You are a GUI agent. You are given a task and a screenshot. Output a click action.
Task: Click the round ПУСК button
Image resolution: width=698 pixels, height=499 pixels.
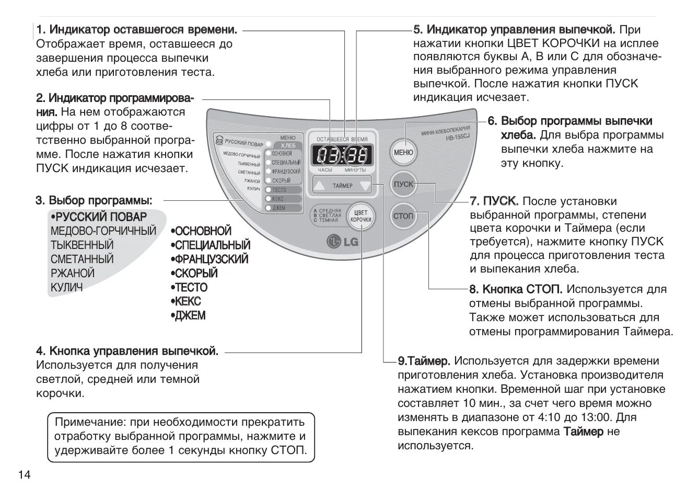click(x=403, y=184)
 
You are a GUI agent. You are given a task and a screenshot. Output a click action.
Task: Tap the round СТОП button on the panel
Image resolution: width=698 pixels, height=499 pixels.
click(x=403, y=216)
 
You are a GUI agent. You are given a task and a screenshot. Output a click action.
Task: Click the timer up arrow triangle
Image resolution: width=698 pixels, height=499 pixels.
click(x=321, y=185)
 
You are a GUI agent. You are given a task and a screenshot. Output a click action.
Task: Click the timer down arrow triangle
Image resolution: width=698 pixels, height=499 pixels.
click(x=364, y=185)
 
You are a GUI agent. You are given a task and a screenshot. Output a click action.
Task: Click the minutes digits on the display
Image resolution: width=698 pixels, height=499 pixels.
click(x=356, y=155)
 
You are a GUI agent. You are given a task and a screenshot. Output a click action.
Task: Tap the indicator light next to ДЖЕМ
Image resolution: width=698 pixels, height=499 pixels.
click(x=268, y=208)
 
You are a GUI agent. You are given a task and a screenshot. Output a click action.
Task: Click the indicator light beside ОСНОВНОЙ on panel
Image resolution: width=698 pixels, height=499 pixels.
click(x=268, y=153)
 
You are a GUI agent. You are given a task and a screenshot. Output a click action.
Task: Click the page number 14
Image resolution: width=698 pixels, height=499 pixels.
click(x=25, y=475)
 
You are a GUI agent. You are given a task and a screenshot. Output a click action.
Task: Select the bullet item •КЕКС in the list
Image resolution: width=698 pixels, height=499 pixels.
click(x=185, y=302)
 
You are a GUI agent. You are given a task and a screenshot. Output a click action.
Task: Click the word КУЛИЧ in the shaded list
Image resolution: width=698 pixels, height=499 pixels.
click(x=66, y=287)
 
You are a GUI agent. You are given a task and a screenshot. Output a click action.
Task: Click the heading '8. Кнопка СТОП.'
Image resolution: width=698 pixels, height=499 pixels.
click(x=516, y=289)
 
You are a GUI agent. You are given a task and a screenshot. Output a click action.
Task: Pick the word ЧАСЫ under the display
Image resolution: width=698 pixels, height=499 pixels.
click(x=325, y=171)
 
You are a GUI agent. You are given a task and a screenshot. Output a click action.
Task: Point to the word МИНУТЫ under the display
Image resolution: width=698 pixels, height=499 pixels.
click(x=355, y=171)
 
